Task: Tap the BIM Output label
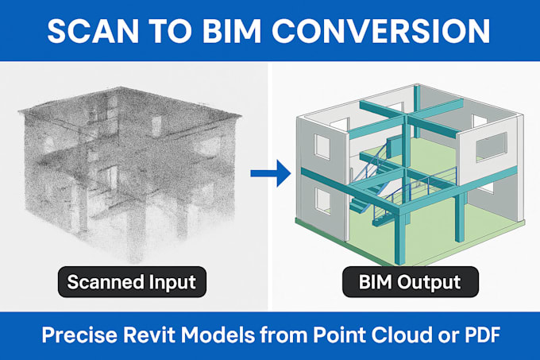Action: (x=403, y=282)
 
